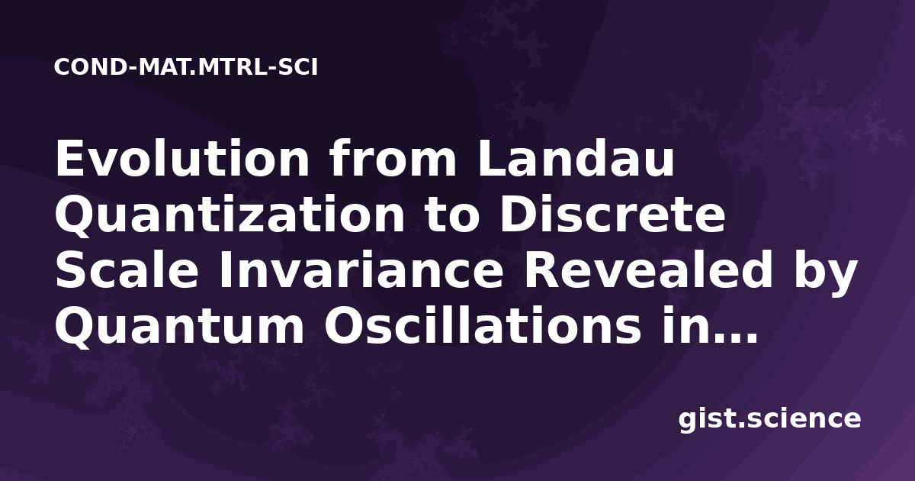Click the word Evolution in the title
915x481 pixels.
tap(182, 159)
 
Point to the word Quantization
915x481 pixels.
tap(230, 215)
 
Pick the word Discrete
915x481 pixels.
tap(613, 215)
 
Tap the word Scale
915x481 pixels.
tap(127, 270)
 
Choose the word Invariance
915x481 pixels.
tap(361, 270)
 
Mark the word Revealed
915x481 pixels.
tap(648, 270)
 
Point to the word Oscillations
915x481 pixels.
tap(483, 325)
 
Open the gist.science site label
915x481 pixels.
tap(769, 420)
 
